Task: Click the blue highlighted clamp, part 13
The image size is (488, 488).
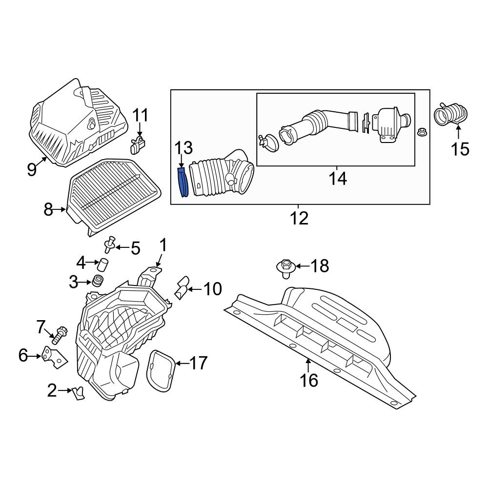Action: point(183,183)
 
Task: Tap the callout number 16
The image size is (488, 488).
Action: point(309,380)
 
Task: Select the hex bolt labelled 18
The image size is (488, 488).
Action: point(286,269)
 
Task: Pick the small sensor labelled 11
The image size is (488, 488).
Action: point(138,145)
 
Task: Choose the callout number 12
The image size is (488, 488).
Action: point(299,218)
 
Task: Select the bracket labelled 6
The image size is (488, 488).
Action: point(55,357)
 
